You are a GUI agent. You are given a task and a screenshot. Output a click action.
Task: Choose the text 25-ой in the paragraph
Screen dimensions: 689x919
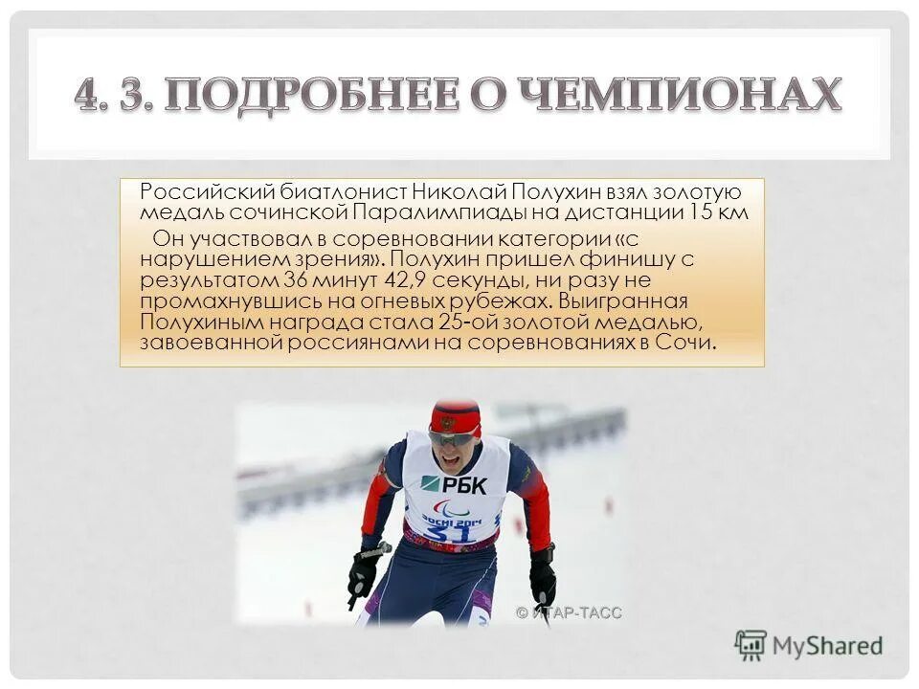coord(469,322)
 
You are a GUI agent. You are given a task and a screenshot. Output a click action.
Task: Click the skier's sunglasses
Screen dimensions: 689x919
coord(451,437)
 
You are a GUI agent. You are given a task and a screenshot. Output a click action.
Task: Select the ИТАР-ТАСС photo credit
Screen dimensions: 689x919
coord(570,612)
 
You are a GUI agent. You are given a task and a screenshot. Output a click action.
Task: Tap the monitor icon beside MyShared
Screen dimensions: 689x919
coord(751,644)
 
